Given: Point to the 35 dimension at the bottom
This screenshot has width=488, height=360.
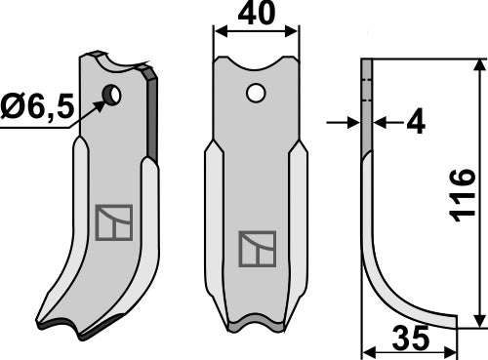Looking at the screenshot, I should (x=409, y=340).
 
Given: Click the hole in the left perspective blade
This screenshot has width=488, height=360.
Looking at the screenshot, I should (x=112, y=96).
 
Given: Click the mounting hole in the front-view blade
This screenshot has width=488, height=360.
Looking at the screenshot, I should (x=256, y=95).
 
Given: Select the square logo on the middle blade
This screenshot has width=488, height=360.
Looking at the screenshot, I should (x=258, y=250).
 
